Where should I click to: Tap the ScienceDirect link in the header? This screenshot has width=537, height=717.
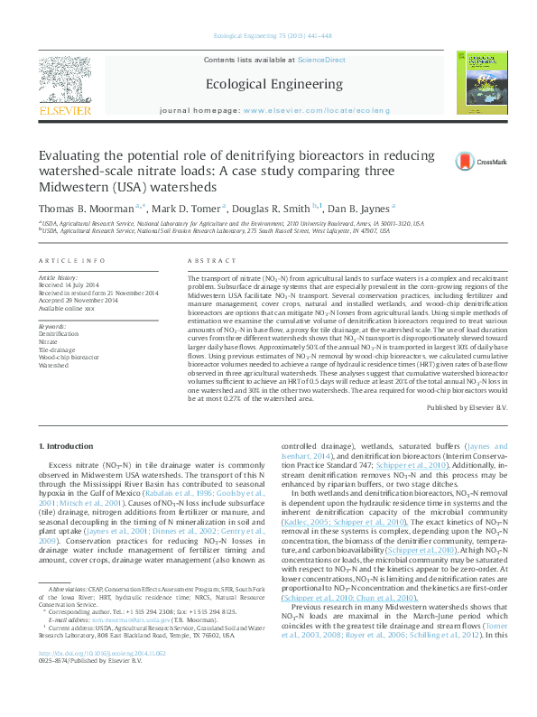(322, 59)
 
